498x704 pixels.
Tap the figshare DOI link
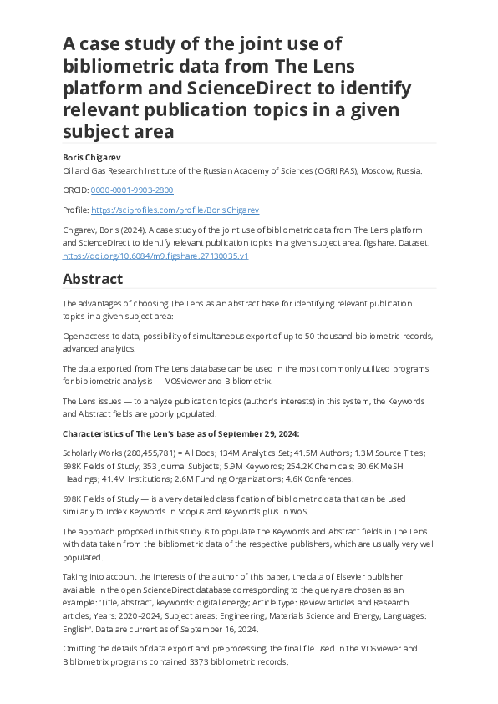(x=156, y=256)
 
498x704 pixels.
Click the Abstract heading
(x=93, y=279)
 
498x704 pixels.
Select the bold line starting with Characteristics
(x=180, y=433)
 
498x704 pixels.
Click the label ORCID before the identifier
(x=76, y=190)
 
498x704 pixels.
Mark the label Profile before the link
(x=75, y=210)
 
